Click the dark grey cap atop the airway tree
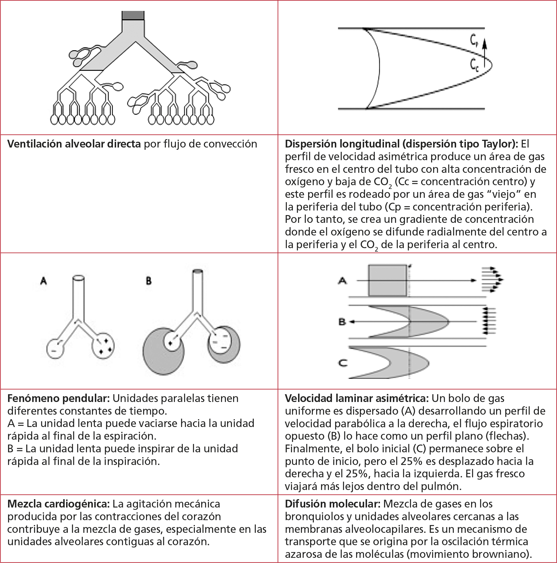[x=133, y=16]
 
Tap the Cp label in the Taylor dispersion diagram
[x=474, y=41]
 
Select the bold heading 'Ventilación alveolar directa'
[x=74, y=144]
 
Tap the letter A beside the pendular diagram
[x=43, y=281]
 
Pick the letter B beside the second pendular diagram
[x=149, y=281]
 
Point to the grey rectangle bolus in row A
[x=387, y=280]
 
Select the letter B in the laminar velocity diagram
[x=342, y=322]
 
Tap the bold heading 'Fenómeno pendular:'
[x=58, y=398]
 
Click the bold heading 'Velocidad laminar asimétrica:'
[x=357, y=398]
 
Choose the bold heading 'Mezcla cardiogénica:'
[x=58, y=504]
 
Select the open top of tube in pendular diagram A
[x=78, y=278]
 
